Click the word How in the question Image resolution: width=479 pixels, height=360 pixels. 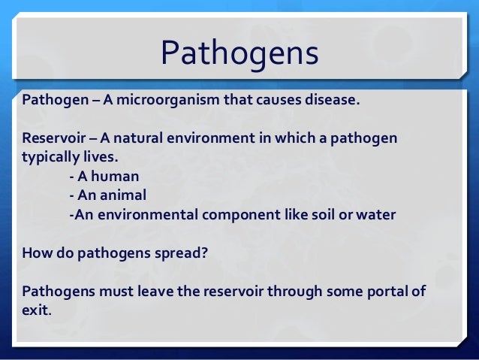(x=37, y=253)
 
